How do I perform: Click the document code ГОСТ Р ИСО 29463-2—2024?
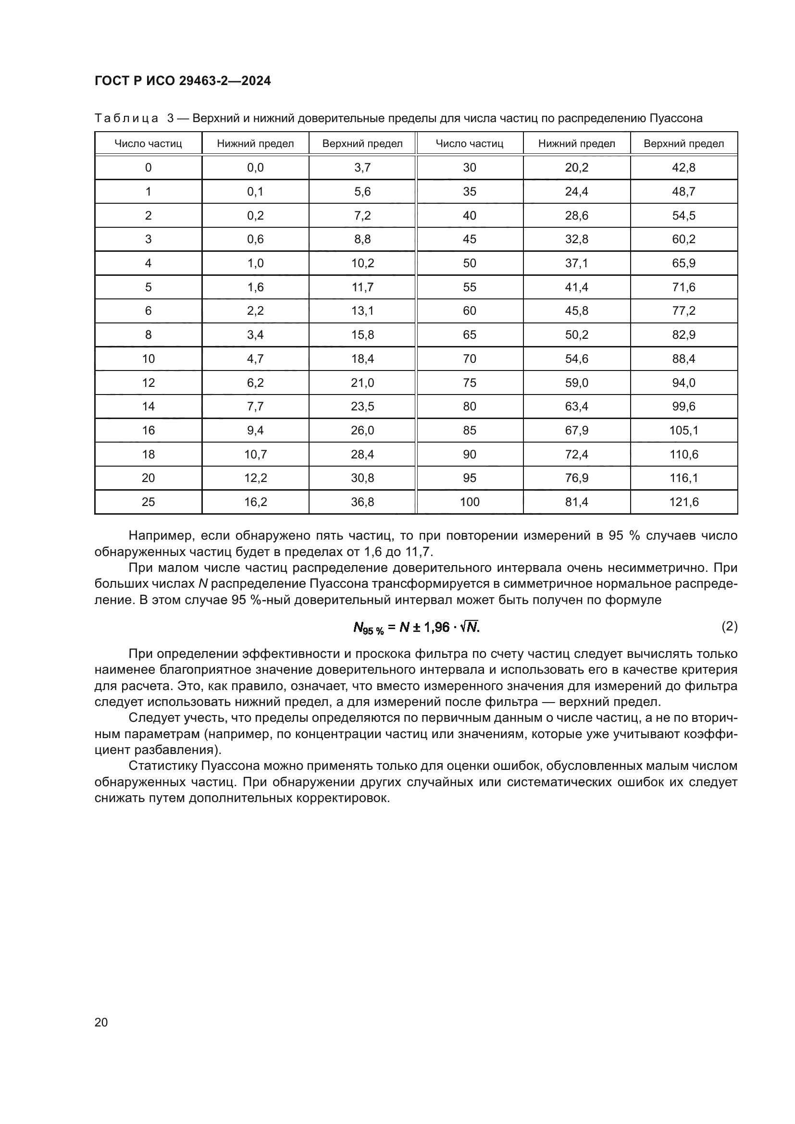(183, 81)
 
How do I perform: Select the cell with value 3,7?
(362, 167)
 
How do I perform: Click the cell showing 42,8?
(683, 167)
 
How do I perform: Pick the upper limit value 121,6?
(684, 502)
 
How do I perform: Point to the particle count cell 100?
(470, 502)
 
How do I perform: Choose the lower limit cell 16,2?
(256, 502)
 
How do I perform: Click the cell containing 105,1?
(684, 430)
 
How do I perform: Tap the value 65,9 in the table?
(683, 263)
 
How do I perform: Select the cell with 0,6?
(256, 239)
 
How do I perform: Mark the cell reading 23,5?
(362, 407)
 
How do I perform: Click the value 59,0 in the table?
(577, 383)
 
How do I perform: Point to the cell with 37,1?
(577, 263)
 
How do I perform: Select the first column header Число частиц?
(149, 143)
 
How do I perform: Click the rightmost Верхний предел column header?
(683, 143)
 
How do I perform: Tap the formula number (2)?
(730, 626)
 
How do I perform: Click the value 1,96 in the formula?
(436, 627)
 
